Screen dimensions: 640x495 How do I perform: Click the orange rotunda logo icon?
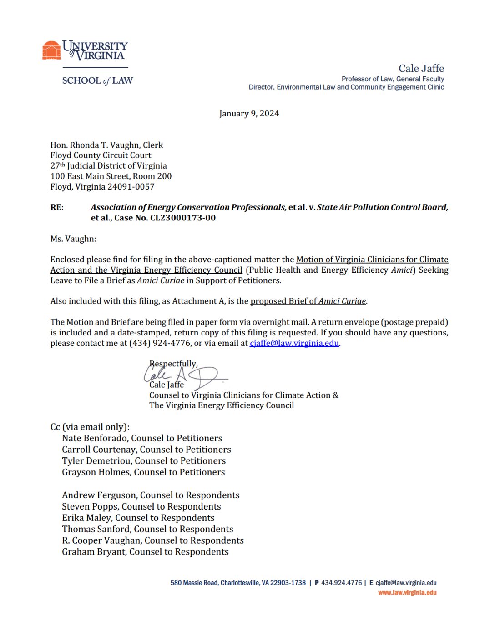[51, 50]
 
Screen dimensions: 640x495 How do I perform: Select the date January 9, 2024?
[249, 114]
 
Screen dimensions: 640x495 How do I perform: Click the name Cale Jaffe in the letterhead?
[421, 69]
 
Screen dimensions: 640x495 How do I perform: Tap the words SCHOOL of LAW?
[97, 81]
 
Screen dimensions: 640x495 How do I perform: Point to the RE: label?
[57, 207]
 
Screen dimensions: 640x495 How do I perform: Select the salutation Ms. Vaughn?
[73, 239]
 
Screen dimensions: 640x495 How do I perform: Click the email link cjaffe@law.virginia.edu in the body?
[294, 343]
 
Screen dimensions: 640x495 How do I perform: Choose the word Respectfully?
[173, 364]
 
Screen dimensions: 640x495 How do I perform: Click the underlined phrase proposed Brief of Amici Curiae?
[308, 301]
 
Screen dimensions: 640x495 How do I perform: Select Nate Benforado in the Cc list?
[95, 438]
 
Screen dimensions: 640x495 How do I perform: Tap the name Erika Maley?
[86, 518]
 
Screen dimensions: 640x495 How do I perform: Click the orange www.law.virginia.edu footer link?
[407, 593]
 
